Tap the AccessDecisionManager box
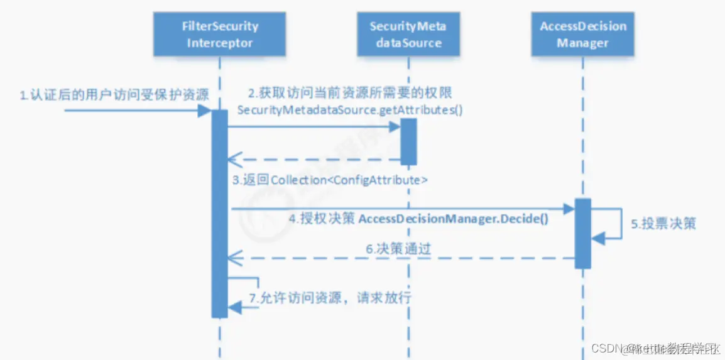click(583, 35)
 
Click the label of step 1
click(112, 95)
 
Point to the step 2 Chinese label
click(351, 94)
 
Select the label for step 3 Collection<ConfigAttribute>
click(330, 180)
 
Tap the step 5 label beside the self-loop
click(663, 224)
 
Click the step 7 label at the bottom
click(330, 298)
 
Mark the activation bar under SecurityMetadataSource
click(408, 141)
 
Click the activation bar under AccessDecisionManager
click(582, 233)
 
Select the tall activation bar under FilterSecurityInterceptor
click(219, 214)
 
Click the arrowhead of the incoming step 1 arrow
click(204, 111)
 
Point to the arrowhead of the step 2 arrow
click(395, 126)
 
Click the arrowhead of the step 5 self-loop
click(598, 237)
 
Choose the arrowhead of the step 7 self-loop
click(234, 307)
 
